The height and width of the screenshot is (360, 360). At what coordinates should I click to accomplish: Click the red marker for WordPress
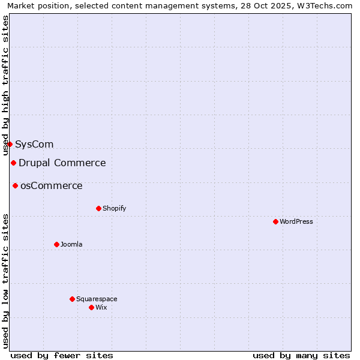tap(275, 221)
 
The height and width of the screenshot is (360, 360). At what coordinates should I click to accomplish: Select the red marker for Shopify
tap(98, 208)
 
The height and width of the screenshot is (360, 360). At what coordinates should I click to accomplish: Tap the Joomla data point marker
tap(56, 244)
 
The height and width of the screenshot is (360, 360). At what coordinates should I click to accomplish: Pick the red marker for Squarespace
tap(72, 299)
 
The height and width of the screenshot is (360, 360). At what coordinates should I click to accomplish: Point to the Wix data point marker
tap(91, 307)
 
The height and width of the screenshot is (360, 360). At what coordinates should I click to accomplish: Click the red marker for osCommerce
tap(15, 185)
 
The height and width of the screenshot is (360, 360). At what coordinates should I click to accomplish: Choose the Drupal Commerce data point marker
tap(13, 163)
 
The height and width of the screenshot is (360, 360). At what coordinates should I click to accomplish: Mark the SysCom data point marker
tap(10, 144)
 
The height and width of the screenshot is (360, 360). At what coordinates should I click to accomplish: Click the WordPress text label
tap(296, 221)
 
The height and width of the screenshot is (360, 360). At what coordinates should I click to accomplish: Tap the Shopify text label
tap(114, 208)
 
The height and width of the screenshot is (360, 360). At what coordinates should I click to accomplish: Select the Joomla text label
tap(71, 244)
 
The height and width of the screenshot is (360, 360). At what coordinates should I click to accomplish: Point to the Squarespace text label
tap(97, 299)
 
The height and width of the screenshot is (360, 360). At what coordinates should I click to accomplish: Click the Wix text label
tap(101, 307)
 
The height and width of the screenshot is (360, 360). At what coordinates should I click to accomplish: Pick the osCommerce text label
tap(52, 185)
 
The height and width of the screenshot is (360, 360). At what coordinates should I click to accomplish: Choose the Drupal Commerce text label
tap(62, 163)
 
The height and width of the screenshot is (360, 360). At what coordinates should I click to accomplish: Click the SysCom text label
tap(34, 144)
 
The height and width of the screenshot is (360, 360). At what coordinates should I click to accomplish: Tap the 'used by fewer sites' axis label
tap(62, 355)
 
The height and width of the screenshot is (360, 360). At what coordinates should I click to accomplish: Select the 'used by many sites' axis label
tap(301, 355)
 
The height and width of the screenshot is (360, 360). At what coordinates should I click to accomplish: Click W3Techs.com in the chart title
tap(326, 5)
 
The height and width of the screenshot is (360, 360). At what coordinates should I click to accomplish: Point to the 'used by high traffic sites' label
tap(5, 85)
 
